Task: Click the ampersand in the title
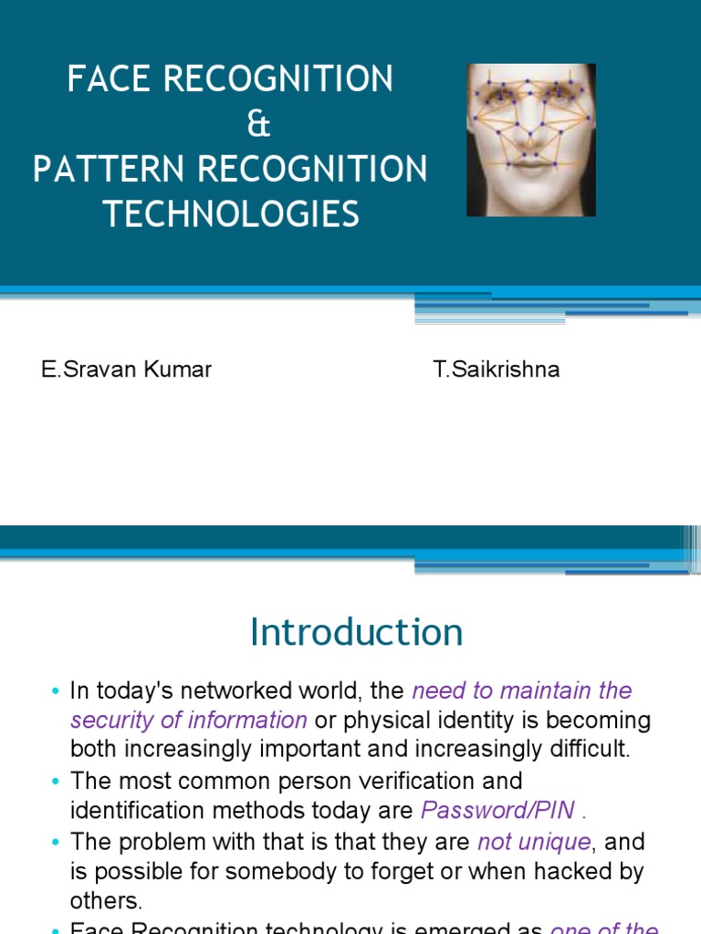259,125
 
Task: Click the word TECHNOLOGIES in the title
231,214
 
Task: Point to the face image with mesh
530,140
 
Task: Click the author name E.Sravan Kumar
126,370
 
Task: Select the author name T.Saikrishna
497,370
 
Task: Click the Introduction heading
356,632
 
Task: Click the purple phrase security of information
189,720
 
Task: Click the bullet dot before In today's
57,691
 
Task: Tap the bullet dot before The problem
57,842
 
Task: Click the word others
106,901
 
